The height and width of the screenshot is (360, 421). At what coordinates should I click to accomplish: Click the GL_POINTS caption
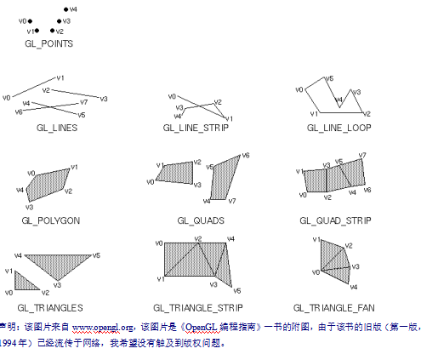(49, 43)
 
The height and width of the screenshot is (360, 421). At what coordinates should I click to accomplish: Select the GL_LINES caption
(57, 127)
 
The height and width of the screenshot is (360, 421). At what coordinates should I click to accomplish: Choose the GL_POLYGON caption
(53, 220)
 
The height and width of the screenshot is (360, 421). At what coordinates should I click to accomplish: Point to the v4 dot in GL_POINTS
(66, 10)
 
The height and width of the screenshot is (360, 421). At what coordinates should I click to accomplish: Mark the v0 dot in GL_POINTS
(31, 20)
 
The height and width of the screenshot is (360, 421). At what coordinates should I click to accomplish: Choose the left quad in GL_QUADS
(175, 173)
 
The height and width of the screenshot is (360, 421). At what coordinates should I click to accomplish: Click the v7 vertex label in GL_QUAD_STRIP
(362, 156)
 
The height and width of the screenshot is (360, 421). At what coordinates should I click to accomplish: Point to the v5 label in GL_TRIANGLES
(97, 254)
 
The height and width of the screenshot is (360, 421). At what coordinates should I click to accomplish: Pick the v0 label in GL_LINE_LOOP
(299, 89)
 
